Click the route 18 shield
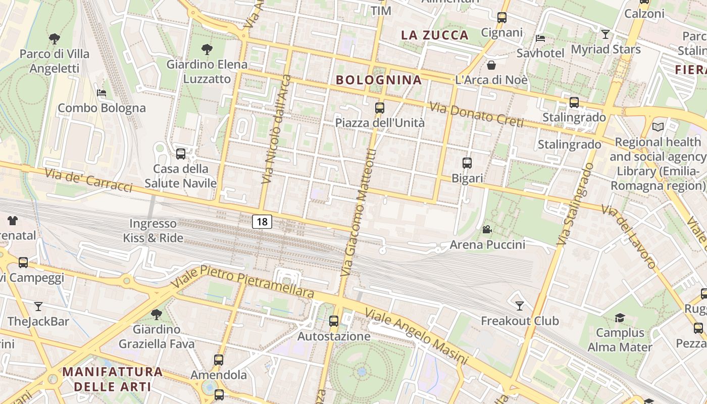click(x=262, y=221)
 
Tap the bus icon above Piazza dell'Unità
click(x=380, y=108)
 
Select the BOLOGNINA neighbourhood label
click(x=379, y=80)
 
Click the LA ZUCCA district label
click(x=435, y=35)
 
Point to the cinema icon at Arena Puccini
click(x=487, y=230)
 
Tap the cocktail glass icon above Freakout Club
click(x=519, y=306)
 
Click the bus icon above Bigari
click(x=467, y=163)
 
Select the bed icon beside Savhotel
click(x=540, y=38)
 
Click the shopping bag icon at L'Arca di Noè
click(x=491, y=65)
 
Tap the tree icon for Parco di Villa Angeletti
click(x=54, y=38)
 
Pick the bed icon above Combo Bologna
click(x=102, y=93)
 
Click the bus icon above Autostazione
click(x=334, y=321)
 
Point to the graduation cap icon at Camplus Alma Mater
click(x=620, y=318)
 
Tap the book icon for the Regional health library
click(x=658, y=127)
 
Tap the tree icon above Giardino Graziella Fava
click(x=157, y=314)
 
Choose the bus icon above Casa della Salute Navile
click(x=181, y=154)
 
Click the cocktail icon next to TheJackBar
click(x=38, y=306)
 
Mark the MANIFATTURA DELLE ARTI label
click(x=113, y=379)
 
